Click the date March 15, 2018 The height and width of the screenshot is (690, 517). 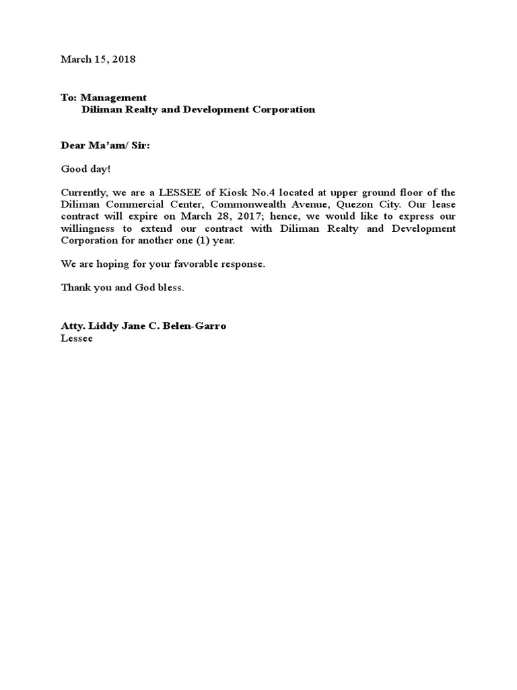98,59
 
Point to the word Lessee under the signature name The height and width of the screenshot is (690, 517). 77,338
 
